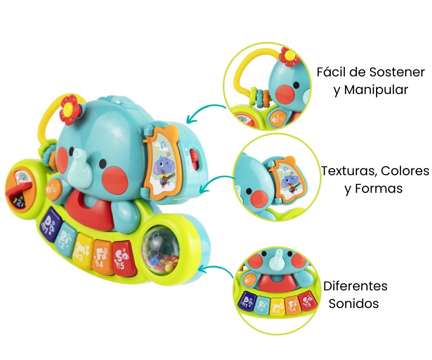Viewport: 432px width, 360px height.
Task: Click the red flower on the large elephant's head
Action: coord(70,109)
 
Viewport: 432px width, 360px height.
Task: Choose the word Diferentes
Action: coord(356,286)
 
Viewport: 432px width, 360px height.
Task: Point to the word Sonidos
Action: coord(354,304)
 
